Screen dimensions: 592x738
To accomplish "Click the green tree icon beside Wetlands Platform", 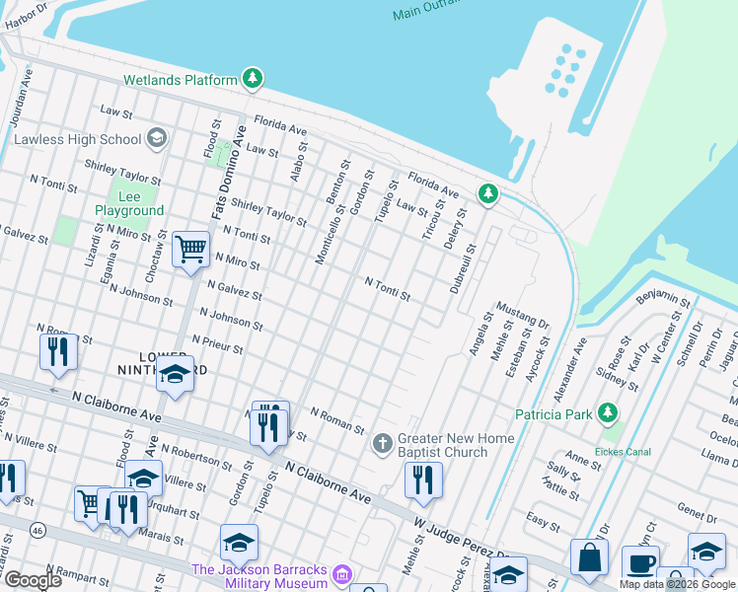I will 254,79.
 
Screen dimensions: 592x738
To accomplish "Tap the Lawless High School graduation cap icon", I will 156,139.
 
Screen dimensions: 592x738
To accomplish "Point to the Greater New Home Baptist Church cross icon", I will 384,443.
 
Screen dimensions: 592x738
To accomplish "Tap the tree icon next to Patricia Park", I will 609,413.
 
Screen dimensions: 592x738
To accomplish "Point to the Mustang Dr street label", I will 522,316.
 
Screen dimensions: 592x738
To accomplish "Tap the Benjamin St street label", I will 664,297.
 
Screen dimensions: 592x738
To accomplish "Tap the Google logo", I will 34,580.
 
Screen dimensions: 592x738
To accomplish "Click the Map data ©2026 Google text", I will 677,584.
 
